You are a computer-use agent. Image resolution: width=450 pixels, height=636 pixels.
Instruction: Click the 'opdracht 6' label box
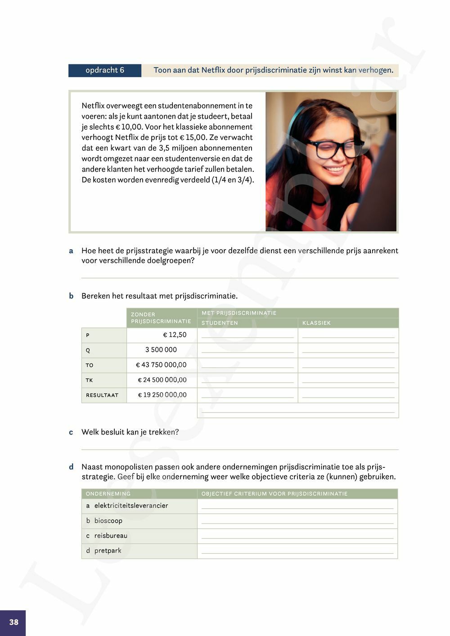click(104, 70)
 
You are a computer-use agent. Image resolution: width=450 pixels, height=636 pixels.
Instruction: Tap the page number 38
click(13, 622)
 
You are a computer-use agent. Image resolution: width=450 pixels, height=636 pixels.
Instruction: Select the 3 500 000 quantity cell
click(161, 349)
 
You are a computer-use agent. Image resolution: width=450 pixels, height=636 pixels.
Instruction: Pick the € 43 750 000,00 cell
click(162, 365)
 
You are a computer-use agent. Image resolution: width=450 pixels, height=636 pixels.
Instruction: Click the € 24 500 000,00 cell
click(162, 380)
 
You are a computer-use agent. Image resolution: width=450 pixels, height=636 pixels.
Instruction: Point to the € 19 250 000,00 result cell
click(162, 395)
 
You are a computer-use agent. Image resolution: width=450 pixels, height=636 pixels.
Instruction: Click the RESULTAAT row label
click(102, 395)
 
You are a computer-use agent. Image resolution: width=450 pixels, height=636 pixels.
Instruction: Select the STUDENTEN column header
click(220, 323)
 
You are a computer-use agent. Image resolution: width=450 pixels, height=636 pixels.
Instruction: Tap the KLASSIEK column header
click(316, 323)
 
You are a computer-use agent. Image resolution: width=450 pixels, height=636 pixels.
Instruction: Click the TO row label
click(90, 365)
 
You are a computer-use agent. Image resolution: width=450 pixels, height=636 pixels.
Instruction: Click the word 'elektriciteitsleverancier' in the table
click(131, 506)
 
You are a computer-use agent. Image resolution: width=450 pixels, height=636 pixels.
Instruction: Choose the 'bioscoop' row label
click(108, 520)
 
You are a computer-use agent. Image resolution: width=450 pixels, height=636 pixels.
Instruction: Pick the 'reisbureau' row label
click(111, 536)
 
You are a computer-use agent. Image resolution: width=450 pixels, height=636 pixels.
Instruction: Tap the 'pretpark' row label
click(108, 551)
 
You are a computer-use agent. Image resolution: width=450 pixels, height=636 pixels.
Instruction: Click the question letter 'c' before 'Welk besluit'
click(71, 432)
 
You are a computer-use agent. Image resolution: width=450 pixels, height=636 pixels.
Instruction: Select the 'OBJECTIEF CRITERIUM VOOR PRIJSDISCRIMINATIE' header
click(274, 494)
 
